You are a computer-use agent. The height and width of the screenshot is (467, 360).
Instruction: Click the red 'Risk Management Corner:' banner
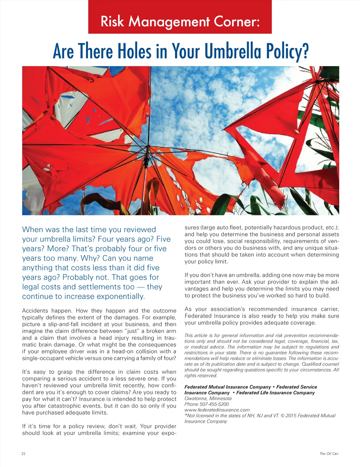pos(180,17)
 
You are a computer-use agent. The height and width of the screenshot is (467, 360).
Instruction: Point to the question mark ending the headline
pos(305,51)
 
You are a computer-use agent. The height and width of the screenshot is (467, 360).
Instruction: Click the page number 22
pos(23,454)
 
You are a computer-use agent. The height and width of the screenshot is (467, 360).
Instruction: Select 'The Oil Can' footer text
pos(329,454)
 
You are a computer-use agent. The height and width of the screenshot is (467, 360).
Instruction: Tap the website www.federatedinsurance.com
pos(217,410)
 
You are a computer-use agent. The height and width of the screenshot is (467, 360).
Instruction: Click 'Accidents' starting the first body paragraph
pos(35,311)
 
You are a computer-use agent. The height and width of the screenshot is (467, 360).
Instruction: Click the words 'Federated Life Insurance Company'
pos(275,393)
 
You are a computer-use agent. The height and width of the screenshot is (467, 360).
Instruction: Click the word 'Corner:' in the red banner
pos(237,22)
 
